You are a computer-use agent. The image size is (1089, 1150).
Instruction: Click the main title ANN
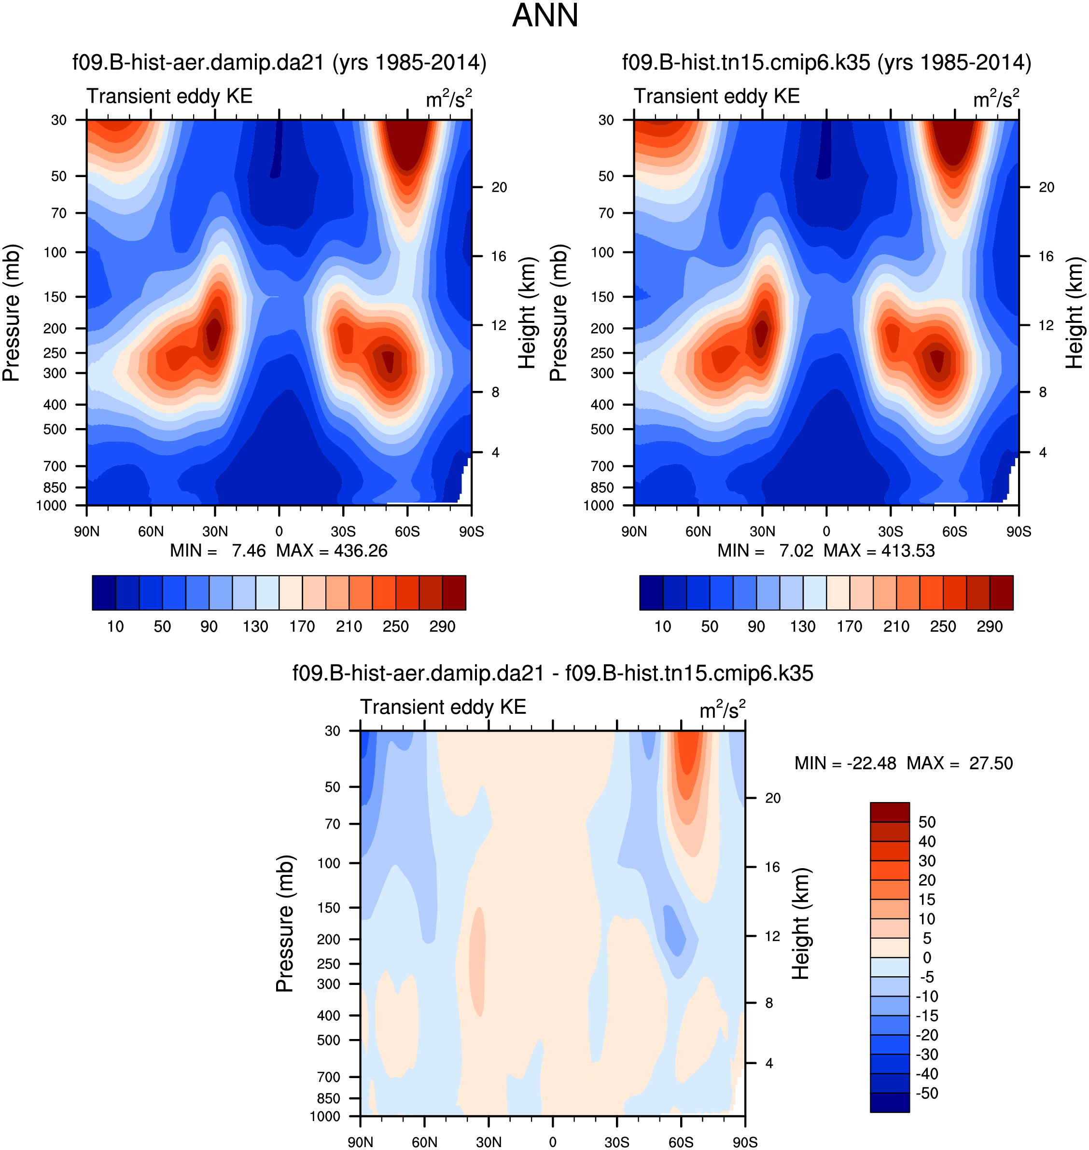tap(544, 16)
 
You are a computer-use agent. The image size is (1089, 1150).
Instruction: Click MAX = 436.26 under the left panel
tap(332, 551)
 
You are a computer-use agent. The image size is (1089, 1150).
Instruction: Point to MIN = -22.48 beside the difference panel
tap(845, 763)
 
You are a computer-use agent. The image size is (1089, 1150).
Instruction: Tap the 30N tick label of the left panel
tap(215, 531)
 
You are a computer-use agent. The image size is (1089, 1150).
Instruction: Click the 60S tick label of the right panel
tap(954, 531)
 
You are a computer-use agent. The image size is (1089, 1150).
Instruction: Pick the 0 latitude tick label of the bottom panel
tap(553, 1142)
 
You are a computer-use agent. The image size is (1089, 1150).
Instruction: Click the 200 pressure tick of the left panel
tap(56, 329)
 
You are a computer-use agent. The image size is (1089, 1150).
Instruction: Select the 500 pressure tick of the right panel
tap(602, 430)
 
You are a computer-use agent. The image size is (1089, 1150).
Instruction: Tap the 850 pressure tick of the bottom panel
tap(329, 1098)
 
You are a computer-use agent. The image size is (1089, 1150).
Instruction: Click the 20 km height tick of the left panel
tap(499, 187)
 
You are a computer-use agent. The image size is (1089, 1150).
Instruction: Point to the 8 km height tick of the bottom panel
tap(768, 1003)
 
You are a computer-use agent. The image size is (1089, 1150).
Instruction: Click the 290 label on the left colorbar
tap(442, 627)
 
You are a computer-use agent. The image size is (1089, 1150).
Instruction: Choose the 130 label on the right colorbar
tap(803, 627)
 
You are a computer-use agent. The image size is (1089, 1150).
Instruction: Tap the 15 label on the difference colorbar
tap(926, 900)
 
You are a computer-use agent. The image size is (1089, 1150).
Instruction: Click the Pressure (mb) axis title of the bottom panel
tap(285, 923)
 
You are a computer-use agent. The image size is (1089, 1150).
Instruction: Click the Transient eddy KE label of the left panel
tap(169, 97)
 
